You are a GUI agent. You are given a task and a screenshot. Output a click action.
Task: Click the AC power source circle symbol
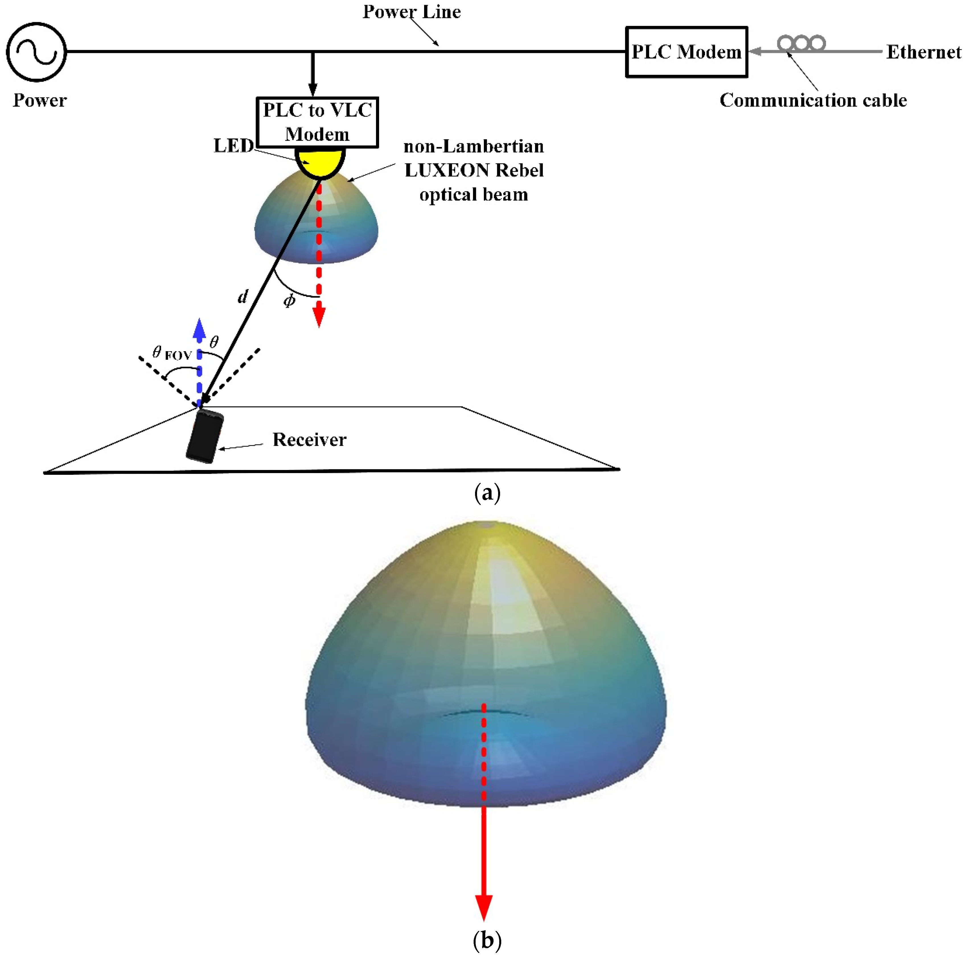(x=36, y=52)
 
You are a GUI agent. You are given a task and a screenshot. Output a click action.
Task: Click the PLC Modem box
(x=686, y=52)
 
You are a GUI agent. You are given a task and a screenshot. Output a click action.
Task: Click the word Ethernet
(x=923, y=52)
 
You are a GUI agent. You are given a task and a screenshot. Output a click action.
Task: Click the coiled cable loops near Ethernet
(x=801, y=43)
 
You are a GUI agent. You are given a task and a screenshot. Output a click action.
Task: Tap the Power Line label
(x=411, y=12)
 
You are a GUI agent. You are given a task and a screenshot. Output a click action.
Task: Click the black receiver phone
(x=204, y=435)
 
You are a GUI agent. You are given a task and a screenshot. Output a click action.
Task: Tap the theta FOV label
(x=171, y=353)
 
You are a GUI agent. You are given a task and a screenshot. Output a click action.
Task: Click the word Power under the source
(x=40, y=100)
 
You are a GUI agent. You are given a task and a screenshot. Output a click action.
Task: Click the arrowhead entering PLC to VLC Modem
(x=313, y=89)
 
